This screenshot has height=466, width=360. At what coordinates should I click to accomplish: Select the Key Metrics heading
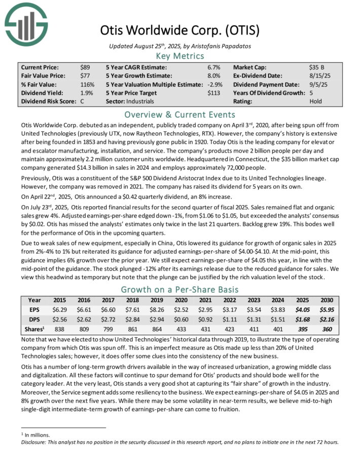tap(180, 56)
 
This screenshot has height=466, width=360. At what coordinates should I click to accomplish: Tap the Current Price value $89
tap(85, 66)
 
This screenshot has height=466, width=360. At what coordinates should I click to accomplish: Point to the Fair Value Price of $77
tap(85, 75)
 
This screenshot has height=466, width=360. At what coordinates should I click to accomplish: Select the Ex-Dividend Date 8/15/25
tap(318, 75)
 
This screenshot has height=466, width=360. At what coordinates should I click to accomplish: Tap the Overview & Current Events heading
tap(180, 114)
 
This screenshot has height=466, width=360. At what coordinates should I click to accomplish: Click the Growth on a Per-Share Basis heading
tap(180, 290)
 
